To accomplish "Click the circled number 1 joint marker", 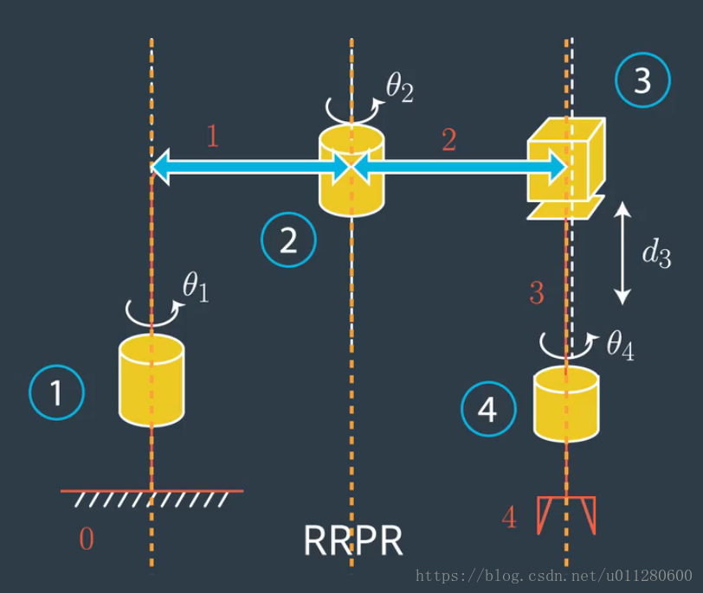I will click(57, 393).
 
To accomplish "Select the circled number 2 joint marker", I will click(288, 241).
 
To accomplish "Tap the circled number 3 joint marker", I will click(642, 81).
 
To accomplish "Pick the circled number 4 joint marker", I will click(488, 410).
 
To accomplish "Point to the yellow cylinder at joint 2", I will click(351, 170).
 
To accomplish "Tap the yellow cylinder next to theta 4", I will click(566, 404).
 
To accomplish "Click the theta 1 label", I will click(196, 290).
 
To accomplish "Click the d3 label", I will click(655, 254).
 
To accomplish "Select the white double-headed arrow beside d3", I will click(622, 253).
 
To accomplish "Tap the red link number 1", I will click(213, 136).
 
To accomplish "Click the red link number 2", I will click(448, 140).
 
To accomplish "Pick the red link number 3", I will click(537, 294).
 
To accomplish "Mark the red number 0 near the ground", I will click(87, 540).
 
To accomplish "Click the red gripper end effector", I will click(566, 515).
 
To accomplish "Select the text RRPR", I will click(353, 541).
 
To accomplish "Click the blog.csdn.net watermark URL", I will click(553, 576).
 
